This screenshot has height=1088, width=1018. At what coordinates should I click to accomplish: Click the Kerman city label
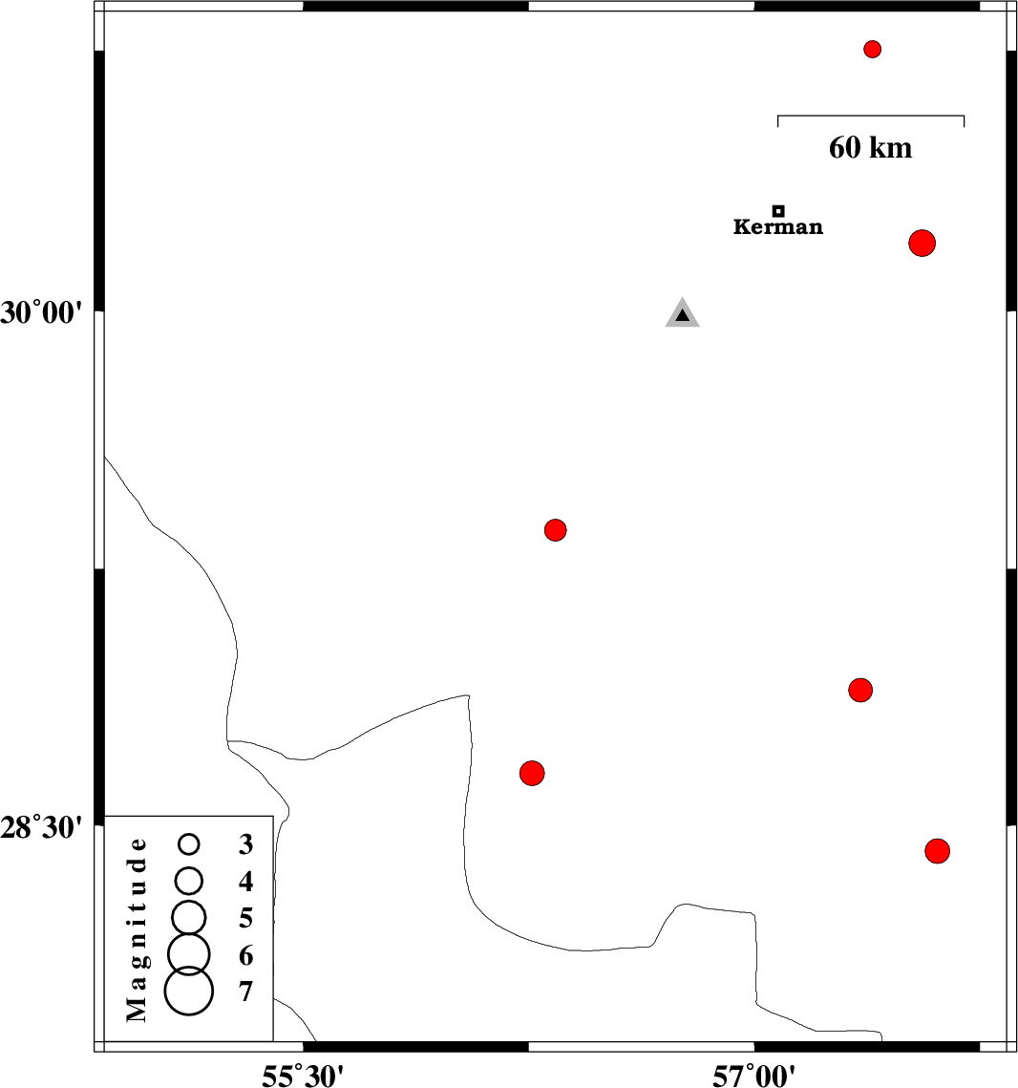click(x=777, y=227)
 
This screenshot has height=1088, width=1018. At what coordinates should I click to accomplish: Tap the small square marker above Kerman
click(x=778, y=210)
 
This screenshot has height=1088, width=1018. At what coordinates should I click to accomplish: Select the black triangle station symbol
click(x=682, y=314)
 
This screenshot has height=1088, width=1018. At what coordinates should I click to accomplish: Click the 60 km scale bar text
click(x=870, y=147)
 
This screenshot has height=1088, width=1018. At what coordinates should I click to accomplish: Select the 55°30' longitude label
click(x=303, y=1075)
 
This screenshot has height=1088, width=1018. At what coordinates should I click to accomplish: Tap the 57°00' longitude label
click(x=754, y=1075)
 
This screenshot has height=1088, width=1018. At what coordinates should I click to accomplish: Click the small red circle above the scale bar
click(x=872, y=49)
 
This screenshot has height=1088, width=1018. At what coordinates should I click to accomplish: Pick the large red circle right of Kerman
click(x=922, y=243)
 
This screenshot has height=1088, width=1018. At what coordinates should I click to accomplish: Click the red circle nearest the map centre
click(x=556, y=529)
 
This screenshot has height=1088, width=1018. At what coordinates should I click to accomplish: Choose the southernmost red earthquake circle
click(x=938, y=850)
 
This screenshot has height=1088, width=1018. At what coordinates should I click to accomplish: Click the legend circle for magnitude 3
click(x=189, y=843)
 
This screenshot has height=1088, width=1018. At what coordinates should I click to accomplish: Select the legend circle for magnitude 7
click(x=189, y=991)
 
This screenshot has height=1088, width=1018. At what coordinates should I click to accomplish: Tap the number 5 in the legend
click(x=246, y=918)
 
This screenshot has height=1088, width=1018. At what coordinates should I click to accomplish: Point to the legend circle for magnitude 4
click(x=189, y=879)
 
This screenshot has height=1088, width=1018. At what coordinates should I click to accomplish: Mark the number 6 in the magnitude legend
click(x=246, y=954)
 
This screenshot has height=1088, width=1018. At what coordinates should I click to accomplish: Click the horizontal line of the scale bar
click(x=871, y=117)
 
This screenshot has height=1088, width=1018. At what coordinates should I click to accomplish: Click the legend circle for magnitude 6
click(x=189, y=951)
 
